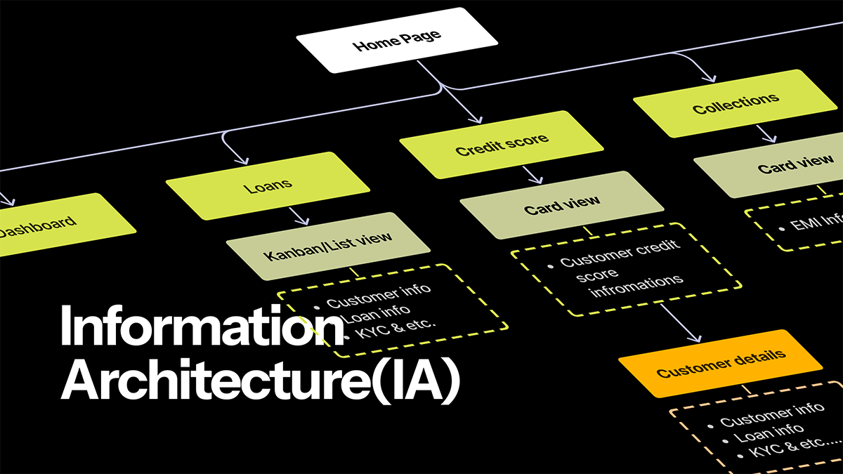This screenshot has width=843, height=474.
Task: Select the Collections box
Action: click(735, 103)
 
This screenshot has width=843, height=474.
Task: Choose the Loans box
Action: click(268, 186)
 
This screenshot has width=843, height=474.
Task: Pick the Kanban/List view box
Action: click(328, 244)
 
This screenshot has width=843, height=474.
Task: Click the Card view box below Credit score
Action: click(562, 204)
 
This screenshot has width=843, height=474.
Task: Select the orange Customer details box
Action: click(720, 362)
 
